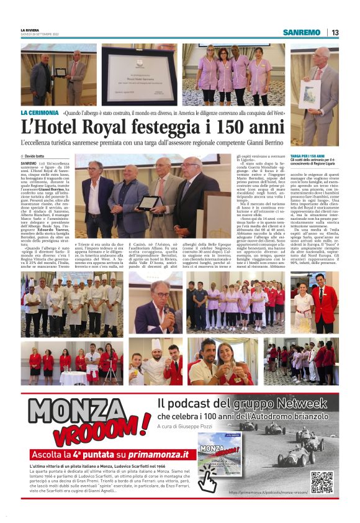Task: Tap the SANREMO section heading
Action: coord(301,32)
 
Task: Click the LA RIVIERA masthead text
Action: coord(30,29)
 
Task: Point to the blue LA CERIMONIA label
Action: coord(39,113)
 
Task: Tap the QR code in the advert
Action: coord(322,482)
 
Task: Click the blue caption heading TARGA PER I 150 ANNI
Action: coord(308,155)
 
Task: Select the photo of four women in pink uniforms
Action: coord(233,75)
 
